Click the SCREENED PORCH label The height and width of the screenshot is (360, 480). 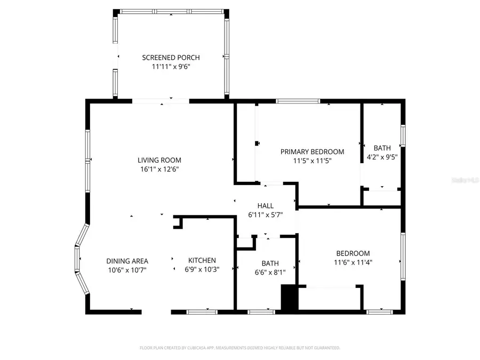click(x=171, y=58)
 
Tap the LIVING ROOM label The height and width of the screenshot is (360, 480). click(x=159, y=160)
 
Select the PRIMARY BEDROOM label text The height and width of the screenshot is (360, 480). click(x=313, y=151)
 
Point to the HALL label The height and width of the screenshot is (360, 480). click(x=266, y=206)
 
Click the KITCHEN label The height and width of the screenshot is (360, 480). click(x=202, y=260)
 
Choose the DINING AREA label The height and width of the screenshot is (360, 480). click(x=127, y=261)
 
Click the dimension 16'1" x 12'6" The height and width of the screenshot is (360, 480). click(x=159, y=170)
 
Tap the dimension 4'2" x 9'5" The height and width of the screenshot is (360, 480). click(x=382, y=157)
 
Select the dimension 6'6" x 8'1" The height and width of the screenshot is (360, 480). click(x=270, y=272)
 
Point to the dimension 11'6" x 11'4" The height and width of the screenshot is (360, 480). click(x=353, y=262)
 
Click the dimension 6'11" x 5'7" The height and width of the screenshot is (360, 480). click(x=266, y=215)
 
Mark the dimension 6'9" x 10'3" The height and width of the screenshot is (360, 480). click(x=202, y=269)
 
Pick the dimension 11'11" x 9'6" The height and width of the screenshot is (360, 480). click(x=171, y=67)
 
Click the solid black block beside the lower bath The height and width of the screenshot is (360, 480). click(x=289, y=297)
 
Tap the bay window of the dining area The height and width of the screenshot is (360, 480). click(x=81, y=260)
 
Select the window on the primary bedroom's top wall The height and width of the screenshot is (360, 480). click(x=298, y=101)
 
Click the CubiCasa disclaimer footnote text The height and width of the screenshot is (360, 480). click(x=239, y=348)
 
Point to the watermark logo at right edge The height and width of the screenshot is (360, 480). click(x=465, y=181)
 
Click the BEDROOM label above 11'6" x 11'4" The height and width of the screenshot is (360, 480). click(x=353, y=253)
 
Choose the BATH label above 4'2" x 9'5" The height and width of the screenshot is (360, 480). click(x=382, y=148)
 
